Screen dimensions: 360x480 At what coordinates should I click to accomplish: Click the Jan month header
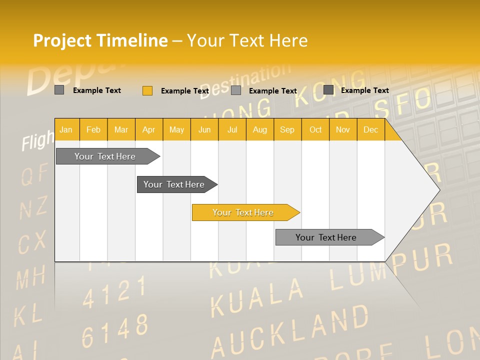pyautogui.click(x=66, y=129)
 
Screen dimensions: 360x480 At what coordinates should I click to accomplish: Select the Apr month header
pyautogui.click(x=148, y=129)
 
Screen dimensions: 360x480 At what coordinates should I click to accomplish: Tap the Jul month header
pyautogui.click(x=232, y=129)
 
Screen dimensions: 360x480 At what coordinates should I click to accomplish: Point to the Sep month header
pyautogui.click(x=287, y=129)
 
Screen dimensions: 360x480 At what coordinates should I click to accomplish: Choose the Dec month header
pyautogui.click(x=370, y=129)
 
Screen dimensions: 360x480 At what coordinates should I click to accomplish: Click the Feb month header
pyautogui.click(x=93, y=129)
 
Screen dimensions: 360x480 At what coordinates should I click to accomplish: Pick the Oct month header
pyautogui.click(x=315, y=129)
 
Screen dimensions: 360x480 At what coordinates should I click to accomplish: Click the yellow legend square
pyautogui.click(x=147, y=90)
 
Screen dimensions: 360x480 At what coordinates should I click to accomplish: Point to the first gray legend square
pyautogui.click(x=59, y=90)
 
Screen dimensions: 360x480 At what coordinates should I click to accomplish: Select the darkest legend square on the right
pyautogui.click(x=328, y=90)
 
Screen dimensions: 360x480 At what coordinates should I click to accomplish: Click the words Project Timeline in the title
pyautogui.click(x=100, y=40)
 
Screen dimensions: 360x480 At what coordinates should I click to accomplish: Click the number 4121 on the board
pyautogui.click(x=114, y=292)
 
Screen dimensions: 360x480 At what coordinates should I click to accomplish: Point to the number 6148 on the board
pyautogui.click(x=115, y=330)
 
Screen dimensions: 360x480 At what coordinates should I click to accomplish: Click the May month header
pyautogui.click(x=176, y=129)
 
